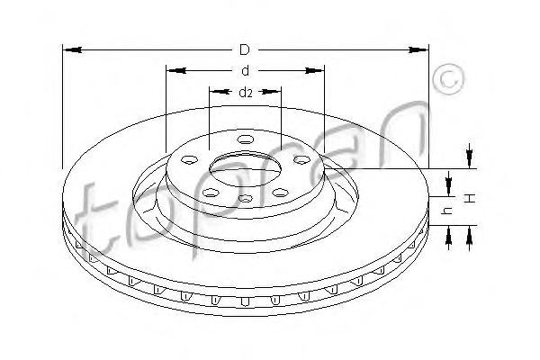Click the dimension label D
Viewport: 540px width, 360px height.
(x=245, y=50)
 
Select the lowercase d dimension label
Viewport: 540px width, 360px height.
(x=245, y=70)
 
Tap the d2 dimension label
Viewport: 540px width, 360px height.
(x=246, y=92)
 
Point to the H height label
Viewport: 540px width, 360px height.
(x=471, y=198)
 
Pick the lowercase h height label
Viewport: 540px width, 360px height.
(x=447, y=211)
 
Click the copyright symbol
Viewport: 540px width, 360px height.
(x=449, y=79)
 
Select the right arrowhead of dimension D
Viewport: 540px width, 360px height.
(x=418, y=50)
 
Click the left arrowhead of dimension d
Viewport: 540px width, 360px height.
(x=176, y=70)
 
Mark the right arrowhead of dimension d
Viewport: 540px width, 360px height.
(x=314, y=70)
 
